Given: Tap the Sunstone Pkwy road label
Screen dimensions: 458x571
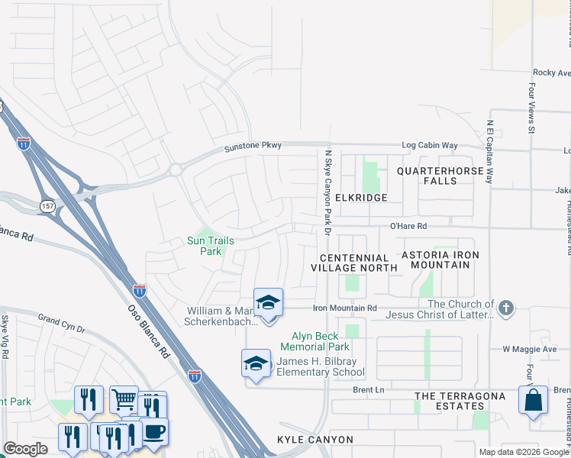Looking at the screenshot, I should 253,146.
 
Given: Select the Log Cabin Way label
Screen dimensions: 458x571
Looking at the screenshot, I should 430,145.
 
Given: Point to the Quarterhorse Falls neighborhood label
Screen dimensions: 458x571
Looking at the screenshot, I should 440,176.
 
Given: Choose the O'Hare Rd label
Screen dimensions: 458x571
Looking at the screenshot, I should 412,226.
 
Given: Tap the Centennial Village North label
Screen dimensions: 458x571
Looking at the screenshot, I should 354,263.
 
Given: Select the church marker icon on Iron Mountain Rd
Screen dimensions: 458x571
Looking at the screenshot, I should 505,308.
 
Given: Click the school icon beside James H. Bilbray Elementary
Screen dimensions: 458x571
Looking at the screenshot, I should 256,363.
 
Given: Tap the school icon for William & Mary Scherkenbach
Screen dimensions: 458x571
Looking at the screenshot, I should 268,303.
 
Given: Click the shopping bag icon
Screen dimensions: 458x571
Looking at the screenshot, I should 532,399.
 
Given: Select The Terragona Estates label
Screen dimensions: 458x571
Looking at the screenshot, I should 460,396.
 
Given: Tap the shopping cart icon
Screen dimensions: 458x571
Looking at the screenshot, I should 124,399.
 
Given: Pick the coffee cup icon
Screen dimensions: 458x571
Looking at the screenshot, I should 154,431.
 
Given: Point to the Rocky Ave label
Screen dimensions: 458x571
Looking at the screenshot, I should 551,73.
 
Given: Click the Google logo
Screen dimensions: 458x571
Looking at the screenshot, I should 25,449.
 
